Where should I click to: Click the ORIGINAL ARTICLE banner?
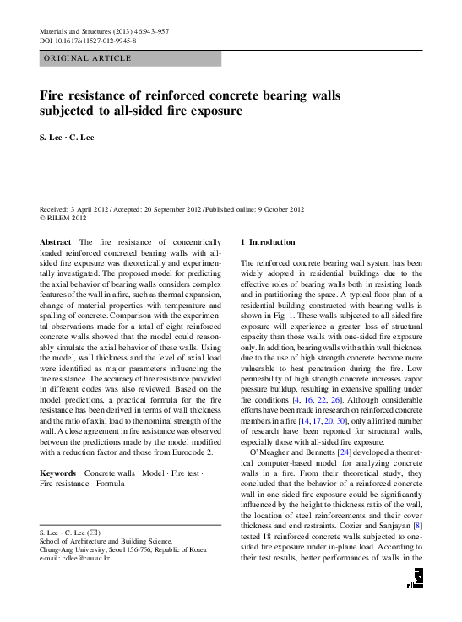coord(88,58)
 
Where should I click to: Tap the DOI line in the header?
coord(88,41)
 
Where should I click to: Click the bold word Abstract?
coord(55,242)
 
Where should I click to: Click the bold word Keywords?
coord(58,475)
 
